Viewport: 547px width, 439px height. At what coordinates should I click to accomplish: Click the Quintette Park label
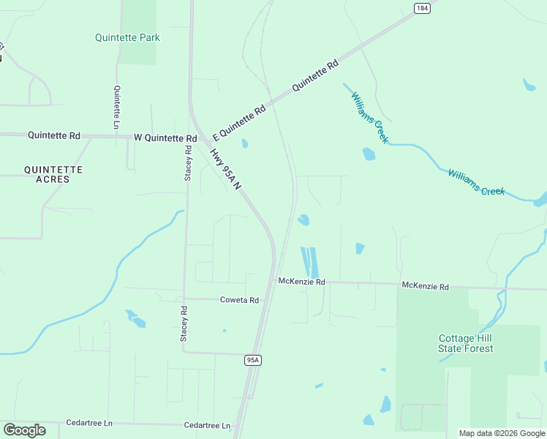[x=128, y=37]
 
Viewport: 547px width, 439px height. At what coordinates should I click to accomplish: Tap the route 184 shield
[x=421, y=8]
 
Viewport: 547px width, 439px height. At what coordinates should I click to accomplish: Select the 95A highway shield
[x=253, y=360]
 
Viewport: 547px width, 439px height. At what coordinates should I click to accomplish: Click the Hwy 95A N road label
[x=225, y=170]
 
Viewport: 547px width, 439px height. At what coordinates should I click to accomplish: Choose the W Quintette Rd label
[x=165, y=138]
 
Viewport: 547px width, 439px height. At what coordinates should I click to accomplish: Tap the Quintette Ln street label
[x=116, y=108]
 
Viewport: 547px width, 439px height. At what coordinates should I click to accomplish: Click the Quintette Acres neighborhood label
[x=53, y=174]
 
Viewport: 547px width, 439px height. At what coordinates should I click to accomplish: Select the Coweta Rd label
[x=240, y=300]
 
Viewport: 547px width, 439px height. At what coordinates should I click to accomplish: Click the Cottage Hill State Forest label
[x=466, y=343]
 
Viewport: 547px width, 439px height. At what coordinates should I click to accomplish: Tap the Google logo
[x=24, y=430]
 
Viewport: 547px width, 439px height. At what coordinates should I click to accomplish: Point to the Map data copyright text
[x=502, y=433]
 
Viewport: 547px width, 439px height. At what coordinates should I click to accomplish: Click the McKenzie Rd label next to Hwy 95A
[x=301, y=282]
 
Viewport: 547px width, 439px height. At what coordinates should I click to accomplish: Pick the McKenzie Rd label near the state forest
[x=425, y=286]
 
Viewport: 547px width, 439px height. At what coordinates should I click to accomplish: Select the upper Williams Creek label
[x=369, y=117]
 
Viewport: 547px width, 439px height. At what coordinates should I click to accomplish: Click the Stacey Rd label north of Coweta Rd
[x=188, y=163]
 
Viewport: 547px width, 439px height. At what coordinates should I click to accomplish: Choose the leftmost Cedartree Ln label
[x=89, y=423]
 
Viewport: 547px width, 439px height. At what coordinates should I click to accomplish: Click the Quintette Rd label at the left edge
[x=53, y=135]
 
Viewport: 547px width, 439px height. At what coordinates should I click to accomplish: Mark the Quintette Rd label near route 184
[x=316, y=75]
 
